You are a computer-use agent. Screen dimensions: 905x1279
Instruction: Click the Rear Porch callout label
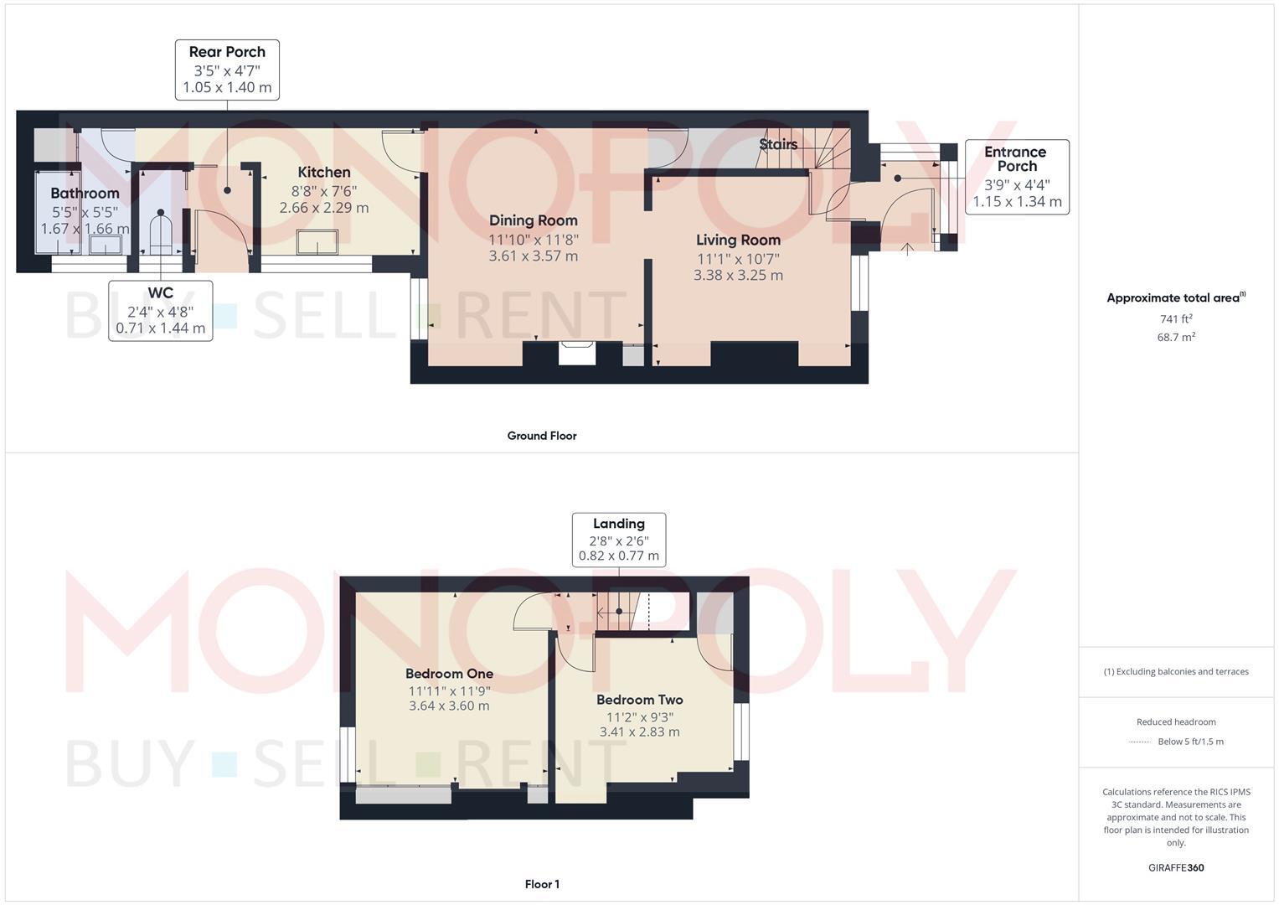coord(227,70)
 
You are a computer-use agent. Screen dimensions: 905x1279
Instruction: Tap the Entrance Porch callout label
coord(1016,177)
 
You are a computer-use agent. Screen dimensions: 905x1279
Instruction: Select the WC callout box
coord(160,310)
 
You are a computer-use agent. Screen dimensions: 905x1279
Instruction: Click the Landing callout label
coord(618,540)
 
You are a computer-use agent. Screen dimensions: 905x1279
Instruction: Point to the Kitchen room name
coord(324,173)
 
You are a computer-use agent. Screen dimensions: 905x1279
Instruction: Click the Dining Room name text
coord(534,220)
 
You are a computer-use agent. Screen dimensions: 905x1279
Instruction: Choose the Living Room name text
coord(738,240)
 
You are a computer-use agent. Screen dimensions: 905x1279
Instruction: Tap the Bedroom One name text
coord(449,674)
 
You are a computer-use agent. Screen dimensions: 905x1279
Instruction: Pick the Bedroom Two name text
coord(639,700)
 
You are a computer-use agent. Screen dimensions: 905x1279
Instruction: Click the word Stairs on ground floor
coord(778,144)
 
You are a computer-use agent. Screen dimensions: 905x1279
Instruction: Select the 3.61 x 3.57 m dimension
coord(534,256)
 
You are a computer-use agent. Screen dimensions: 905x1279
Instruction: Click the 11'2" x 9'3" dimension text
coord(639,717)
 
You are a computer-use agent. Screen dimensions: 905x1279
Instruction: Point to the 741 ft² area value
coord(1175,319)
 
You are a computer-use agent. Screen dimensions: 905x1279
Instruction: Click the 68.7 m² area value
coord(1175,337)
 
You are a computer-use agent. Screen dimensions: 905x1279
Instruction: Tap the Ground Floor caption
coord(542,436)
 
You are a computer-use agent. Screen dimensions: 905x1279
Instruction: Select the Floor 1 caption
coord(542,884)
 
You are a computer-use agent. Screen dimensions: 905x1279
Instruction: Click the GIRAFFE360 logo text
coord(1175,868)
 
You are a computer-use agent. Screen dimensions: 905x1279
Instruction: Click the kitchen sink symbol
coord(317,242)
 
